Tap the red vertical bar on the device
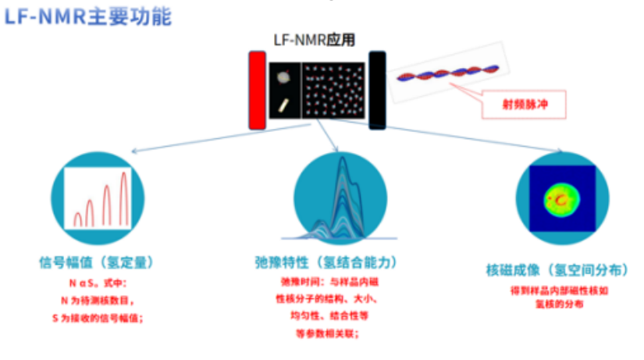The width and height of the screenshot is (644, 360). coord(257,90)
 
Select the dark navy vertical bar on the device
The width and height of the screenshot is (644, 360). coord(378,90)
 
